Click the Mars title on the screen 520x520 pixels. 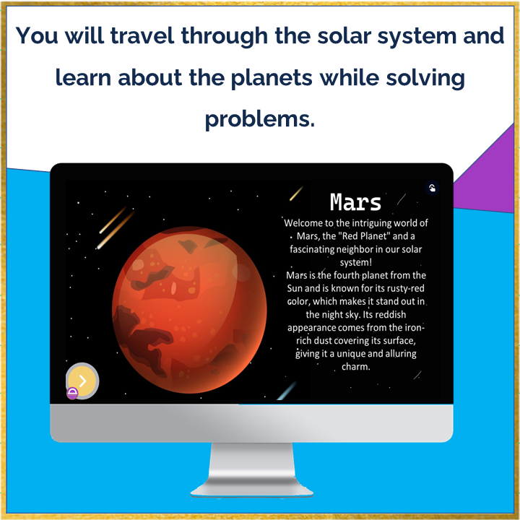(355, 202)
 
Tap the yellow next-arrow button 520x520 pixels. (82, 380)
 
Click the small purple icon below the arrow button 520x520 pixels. (72, 393)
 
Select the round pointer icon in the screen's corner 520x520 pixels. (432, 188)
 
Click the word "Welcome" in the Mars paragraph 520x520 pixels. (308, 223)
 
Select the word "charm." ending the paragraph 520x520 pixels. (355, 366)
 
